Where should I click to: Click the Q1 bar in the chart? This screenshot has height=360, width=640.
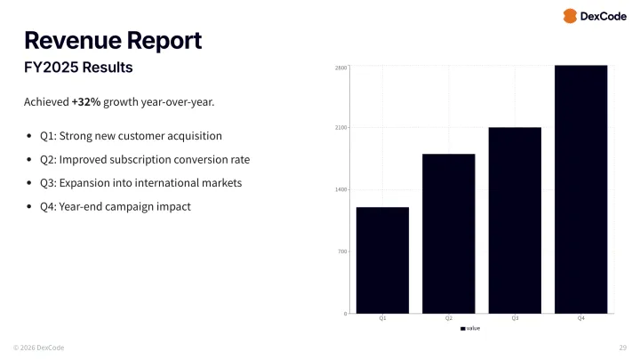[x=382, y=260]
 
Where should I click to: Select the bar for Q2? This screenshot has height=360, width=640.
[x=449, y=233]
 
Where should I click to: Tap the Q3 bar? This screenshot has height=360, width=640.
[x=515, y=220]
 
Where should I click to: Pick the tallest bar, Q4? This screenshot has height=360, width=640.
[x=580, y=188]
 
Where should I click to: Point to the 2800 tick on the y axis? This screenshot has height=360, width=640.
[x=340, y=68]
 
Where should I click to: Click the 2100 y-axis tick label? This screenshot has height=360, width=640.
[x=340, y=128]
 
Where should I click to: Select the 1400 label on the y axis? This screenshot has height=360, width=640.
[x=340, y=190]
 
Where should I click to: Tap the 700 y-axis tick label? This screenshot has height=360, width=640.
[x=341, y=252]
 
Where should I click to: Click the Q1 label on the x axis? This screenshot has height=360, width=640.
[x=382, y=318]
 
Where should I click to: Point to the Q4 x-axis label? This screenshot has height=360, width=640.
[x=580, y=318]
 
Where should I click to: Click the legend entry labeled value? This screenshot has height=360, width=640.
[x=471, y=328]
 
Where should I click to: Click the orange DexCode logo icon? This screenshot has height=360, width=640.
[x=570, y=16]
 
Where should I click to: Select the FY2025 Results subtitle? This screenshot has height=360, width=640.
[x=78, y=68]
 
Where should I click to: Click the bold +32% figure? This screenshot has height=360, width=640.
[x=86, y=102]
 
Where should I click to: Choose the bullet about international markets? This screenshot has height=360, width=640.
[x=140, y=183]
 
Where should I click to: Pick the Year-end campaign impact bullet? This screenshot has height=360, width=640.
[x=115, y=206]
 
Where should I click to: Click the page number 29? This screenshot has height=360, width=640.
[x=622, y=347]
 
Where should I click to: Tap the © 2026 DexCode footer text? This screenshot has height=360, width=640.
[x=38, y=347]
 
